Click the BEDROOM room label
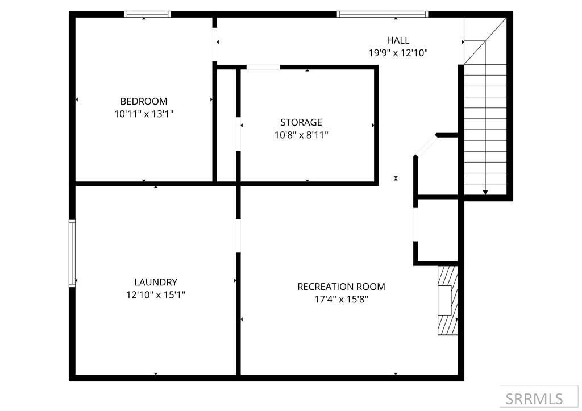144,101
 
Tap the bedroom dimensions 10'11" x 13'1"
144,114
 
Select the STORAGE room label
301,122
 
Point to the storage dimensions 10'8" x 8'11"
301,135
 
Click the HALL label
398,40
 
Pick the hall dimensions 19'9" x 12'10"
398,53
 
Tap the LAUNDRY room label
156,282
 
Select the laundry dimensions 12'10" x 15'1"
156,294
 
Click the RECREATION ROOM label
341,287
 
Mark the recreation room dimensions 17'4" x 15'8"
341,299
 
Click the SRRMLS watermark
534,398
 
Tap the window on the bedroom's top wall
147,15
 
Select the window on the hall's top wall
382,15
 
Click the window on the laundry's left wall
72,253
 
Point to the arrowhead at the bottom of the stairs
485,192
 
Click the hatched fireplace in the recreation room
448,300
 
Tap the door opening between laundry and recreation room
238,235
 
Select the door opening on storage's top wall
263,68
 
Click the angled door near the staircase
426,146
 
